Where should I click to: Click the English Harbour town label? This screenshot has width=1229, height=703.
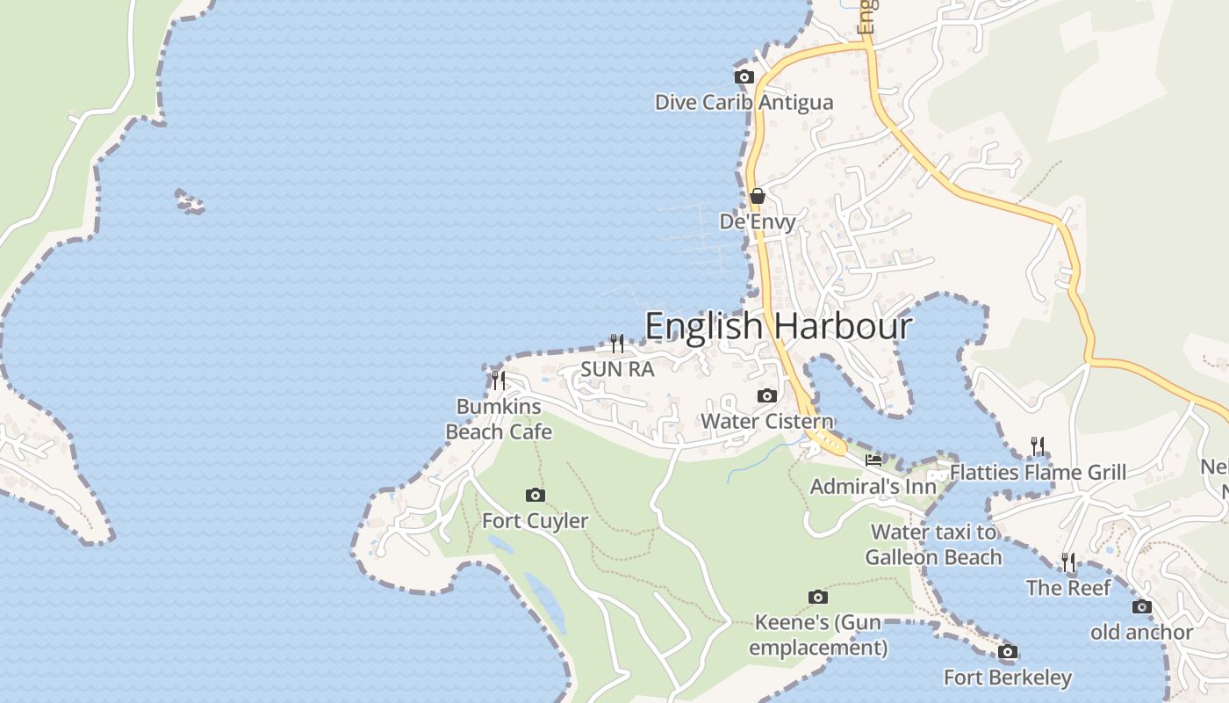tap(779, 326)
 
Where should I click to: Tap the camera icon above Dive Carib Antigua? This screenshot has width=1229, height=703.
tap(744, 77)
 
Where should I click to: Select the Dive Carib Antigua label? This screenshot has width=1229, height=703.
tap(744, 103)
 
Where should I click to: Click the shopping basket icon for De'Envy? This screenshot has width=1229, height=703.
tap(757, 196)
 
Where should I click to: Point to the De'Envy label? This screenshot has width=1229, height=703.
tap(757, 221)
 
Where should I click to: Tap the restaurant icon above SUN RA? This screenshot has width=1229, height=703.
tap(617, 343)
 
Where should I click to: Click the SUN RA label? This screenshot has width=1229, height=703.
tap(617, 369)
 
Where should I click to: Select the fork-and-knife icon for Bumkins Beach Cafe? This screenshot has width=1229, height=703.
tap(498, 380)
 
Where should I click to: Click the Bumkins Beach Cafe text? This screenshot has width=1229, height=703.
tap(499, 419)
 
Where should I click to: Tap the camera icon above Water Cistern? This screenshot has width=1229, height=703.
tap(766, 396)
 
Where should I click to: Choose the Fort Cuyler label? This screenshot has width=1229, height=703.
tap(535, 521)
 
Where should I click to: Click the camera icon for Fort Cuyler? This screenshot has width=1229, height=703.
tap(535, 496)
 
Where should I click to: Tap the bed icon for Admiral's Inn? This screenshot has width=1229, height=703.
tap(873, 460)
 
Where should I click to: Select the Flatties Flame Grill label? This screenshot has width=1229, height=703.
tap(1038, 473)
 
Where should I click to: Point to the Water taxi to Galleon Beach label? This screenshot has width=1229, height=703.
tap(933, 545)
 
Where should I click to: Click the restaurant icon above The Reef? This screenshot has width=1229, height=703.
tap(1067, 562)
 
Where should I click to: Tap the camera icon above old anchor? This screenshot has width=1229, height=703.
tap(1141, 606)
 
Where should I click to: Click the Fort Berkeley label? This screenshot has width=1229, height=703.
tap(1007, 678)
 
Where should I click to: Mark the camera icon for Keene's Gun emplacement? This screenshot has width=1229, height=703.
tap(817, 598)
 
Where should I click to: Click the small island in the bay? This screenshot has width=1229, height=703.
tap(190, 202)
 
